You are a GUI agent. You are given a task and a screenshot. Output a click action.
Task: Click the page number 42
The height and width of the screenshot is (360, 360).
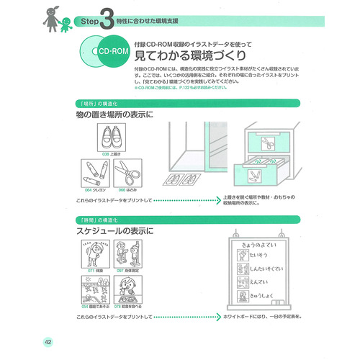pos(48,341)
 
